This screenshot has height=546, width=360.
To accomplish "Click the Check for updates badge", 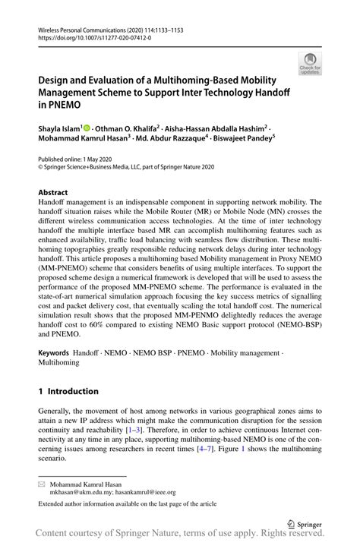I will (x=309, y=64).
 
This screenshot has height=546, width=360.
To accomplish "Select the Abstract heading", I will (x=53, y=192).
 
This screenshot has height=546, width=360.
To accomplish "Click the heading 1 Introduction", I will (x=68, y=391).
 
